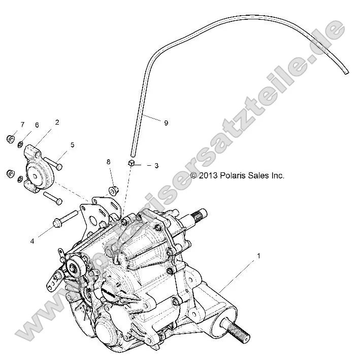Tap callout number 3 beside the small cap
click(x=156, y=166)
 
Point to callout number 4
click(x=32, y=241)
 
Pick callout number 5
click(x=72, y=145)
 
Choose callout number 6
click(x=37, y=125)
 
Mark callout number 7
click(x=22, y=125)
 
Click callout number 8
click(x=108, y=162)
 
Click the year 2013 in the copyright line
click(x=209, y=176)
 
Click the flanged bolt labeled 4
click(x=65, y=219)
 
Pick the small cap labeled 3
click(x=131, y=163)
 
